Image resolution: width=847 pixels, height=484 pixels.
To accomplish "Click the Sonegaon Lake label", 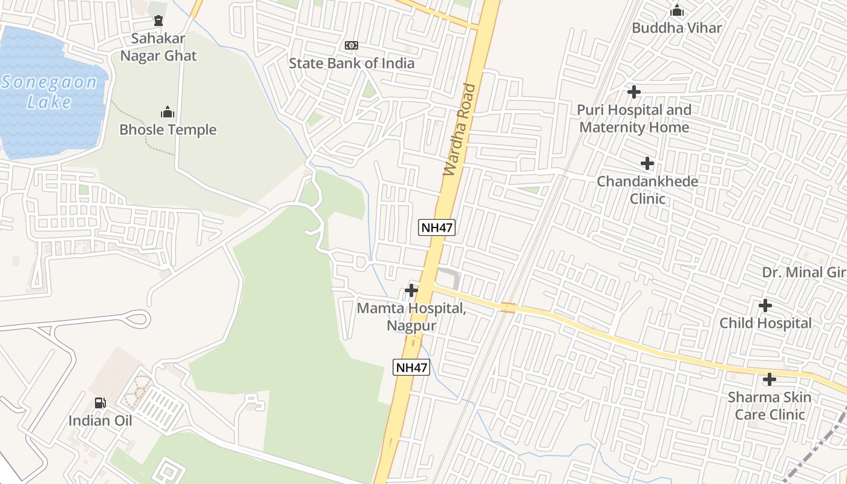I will (49, 92).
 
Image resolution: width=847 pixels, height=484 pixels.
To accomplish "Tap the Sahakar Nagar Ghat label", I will (159, 47).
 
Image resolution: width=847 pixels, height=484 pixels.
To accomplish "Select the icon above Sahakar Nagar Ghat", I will (159, 21).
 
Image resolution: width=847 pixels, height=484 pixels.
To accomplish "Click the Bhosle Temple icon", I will (168, 112).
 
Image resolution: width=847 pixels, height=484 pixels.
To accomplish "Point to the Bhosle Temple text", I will (168, 129).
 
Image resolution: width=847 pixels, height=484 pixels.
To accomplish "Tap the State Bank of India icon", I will (352, 45).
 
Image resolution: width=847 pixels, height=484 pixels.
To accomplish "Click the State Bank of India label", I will (352, 63).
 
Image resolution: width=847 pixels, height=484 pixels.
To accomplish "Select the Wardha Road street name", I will (460, 129).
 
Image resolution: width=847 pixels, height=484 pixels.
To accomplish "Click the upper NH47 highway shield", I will (437, 227).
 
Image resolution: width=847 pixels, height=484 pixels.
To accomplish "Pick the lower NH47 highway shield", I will (411, 367).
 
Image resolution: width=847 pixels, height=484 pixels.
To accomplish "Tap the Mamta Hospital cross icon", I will (411, 290).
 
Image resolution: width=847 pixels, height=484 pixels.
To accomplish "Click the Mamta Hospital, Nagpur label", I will (411, 316).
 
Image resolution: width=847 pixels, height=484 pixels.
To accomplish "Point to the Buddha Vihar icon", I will (677, 10).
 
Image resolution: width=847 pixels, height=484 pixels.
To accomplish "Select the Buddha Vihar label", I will (677, 28).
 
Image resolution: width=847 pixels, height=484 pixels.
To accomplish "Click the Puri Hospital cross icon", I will (634, 92).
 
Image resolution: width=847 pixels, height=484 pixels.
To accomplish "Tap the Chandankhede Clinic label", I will (647, 190).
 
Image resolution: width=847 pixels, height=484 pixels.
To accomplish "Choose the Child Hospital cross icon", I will (765, 306).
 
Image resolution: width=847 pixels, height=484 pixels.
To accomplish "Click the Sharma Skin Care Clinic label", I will (770, 406).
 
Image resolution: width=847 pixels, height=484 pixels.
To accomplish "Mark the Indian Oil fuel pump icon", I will (100, 403).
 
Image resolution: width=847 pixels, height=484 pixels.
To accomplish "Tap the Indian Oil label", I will (100, 420).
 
